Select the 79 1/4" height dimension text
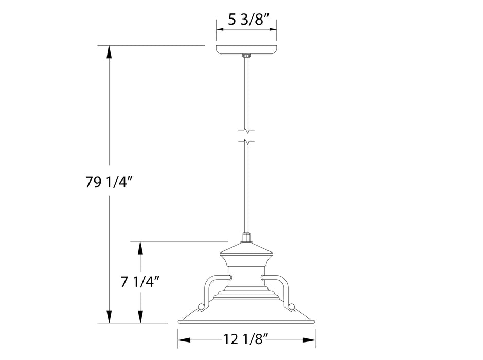pyautogui.click(x=110, y=182)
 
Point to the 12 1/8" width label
pyautogui.click(x=246, y=340)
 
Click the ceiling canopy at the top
pyautogui.click(x=246, y=49)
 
